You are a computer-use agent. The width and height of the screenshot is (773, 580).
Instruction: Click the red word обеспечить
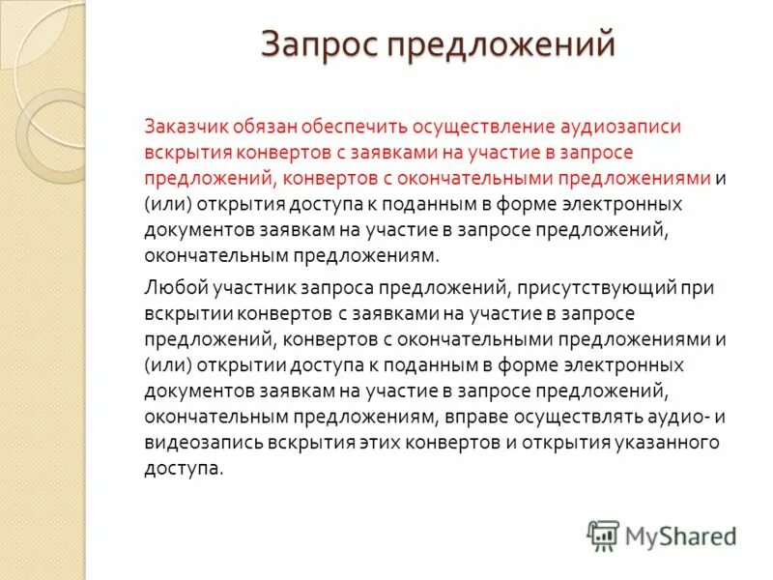coord(355,128)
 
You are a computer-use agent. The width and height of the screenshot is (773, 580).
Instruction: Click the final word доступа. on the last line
coord(185,468)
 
